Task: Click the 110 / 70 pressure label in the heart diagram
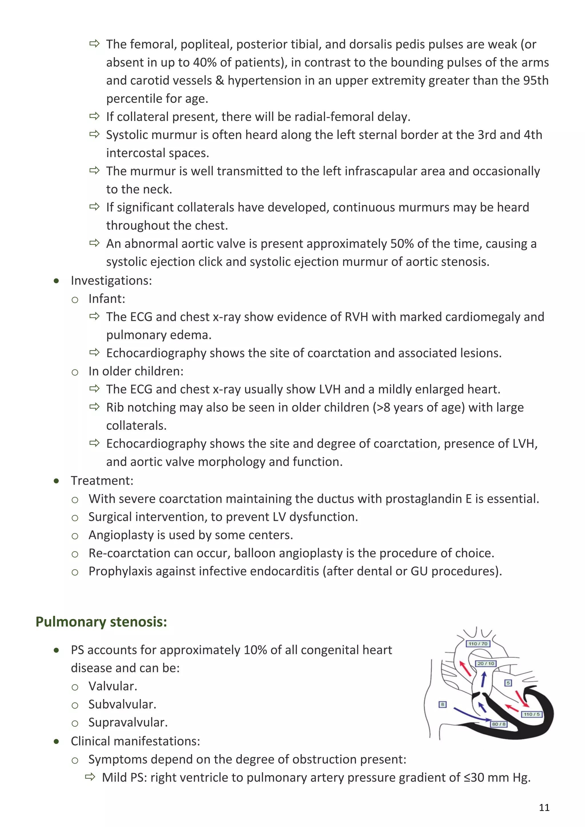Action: (478, 644)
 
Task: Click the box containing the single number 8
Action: (443, 704)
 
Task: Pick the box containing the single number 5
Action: (508, 683)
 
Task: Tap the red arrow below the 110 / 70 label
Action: (465, 669)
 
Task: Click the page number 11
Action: (544, 808)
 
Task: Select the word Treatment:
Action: (102, 481)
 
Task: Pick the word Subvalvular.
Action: (122, 704)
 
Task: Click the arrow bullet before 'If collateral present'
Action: (94, 116)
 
